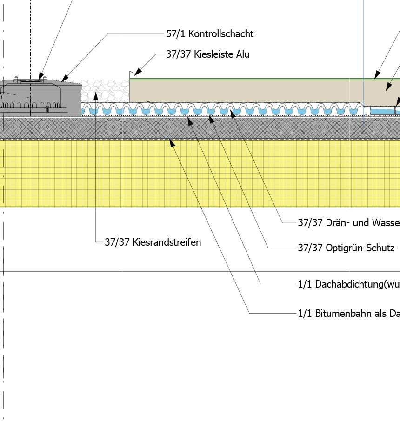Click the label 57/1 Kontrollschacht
coord(210,34)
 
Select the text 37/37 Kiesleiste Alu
coord(208,54)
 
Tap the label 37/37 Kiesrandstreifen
coord(153,242)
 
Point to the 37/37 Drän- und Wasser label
coord(348,223)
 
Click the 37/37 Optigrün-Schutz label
coord(348,248)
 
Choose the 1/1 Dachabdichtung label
coord(348,284)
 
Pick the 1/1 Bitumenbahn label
coord(348,314)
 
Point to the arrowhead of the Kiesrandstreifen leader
coord(95,95)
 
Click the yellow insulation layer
coord(200,174)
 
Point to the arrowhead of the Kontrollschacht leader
coord(64,79)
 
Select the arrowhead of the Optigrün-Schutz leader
coord(211,119)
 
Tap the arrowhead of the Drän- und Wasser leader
coord(232,112)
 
